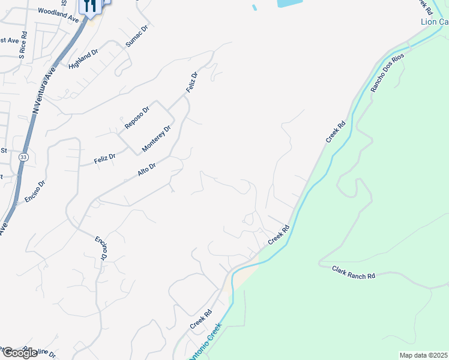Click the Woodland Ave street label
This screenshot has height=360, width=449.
tap(58, 15)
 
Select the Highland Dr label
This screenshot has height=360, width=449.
tap(83, 59)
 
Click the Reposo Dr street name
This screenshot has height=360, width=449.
tap(136, 116)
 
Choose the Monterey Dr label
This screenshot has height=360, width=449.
tap(157, 139)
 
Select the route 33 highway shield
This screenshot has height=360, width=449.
tap(23, 157)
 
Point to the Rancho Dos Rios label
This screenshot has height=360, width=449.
tap(387, 73)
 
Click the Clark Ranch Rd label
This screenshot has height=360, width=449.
tap(353, 271)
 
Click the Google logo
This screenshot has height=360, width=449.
tap(20, 353)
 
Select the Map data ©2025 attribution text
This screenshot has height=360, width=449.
tap(424, 355)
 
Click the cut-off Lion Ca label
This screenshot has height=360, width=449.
tap(434, 22)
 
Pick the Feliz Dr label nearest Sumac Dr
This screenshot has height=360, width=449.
tap(191, 82)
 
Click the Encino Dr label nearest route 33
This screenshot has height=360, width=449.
tap(35, 191)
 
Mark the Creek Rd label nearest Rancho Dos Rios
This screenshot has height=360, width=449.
tap(336, 132)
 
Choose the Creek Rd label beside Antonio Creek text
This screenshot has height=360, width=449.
tap(202, 318)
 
